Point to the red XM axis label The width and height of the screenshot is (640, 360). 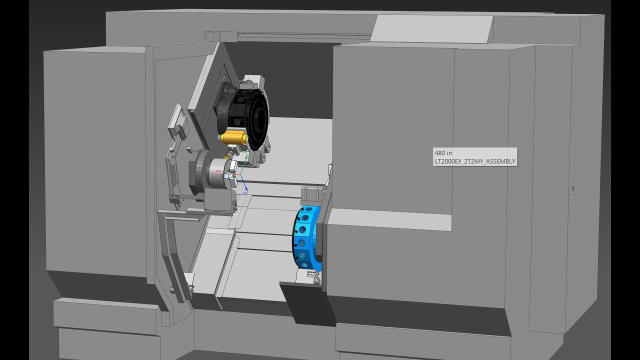[217, 171]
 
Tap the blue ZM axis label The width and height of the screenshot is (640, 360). [245, 192]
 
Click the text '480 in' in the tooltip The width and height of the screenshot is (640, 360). [443, 152]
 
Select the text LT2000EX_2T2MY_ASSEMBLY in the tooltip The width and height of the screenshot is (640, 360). [475, 161]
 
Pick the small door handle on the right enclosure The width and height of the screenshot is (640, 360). [572, 190]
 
